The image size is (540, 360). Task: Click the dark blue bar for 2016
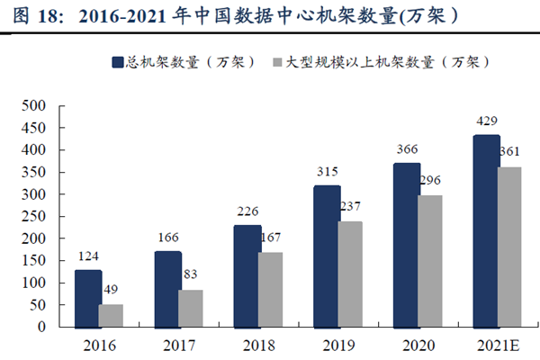(87, 298)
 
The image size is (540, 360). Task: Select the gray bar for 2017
(190, 308)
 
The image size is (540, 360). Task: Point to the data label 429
(486, 121)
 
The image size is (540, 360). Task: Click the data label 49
(110, 290)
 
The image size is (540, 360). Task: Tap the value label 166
(166, 237)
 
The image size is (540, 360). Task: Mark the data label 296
(430, 180)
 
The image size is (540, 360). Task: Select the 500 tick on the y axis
(33, 105)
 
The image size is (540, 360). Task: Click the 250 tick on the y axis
(33, 216)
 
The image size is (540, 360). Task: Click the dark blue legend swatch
(117, 62)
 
